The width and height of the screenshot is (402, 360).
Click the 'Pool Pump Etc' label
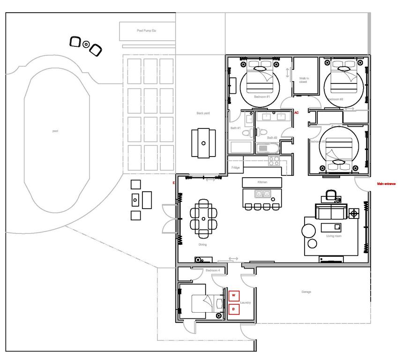click(x=147, y=31)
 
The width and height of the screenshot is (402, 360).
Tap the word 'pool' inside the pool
click(x=55, y=131)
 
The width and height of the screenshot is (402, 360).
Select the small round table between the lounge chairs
click(x=86, y=45)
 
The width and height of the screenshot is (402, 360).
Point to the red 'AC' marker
click(x=297, y=113)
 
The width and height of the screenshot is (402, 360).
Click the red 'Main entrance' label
click(x=387, y=184)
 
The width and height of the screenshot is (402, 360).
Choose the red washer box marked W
click(x=234, y=295)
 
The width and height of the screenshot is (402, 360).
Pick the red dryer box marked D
click(x=234, y=309)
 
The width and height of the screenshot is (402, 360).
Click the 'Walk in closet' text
click(x=303, y=80)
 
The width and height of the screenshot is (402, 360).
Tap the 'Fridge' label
click(x=236, y=167)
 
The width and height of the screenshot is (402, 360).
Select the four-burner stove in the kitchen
click(x=274, y=161)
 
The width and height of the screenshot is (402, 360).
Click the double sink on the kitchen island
click(x=262, y=193)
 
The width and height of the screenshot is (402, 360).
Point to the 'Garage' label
click(x=306, y=292)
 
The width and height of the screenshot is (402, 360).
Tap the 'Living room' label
click(x=334, y=236)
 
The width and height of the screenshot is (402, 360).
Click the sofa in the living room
click(x=330, y=211)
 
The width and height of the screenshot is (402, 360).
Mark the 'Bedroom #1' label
click(x=262, y=97)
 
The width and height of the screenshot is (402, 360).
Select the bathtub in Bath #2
click(x=268, y=149)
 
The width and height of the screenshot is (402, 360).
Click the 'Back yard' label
click(x=203, y=113)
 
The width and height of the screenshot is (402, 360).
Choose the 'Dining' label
click(x=202, y=245)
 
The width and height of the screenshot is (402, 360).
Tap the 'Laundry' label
click(x=246, y=303)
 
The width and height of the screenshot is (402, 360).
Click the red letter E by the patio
click(x=174, y=183)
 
